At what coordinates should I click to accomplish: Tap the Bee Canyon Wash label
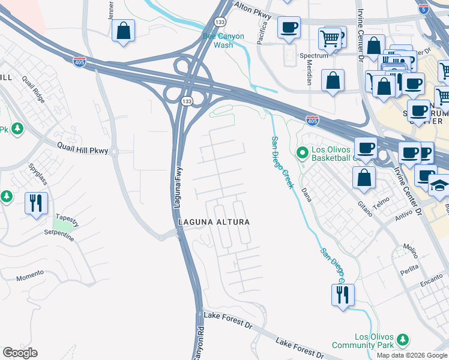pyautogui.click(x=223, y=40)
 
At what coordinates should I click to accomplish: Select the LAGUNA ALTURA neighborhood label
pyautogui.click(x=213, y=222)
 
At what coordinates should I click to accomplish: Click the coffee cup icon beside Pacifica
pyautogui.click(x=289, y=28)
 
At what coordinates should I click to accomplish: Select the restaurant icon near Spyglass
pyautogui.click(x=36, y=202)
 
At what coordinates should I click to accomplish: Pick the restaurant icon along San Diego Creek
pyautogui.click(x=343, y=295)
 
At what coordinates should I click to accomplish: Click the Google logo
pyautogui.click(x=20, y=353)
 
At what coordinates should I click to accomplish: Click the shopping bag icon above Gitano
pyautogui.click(x=364, y=178)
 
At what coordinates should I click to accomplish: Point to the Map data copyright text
pyautogui.click(x=411, y=355)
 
